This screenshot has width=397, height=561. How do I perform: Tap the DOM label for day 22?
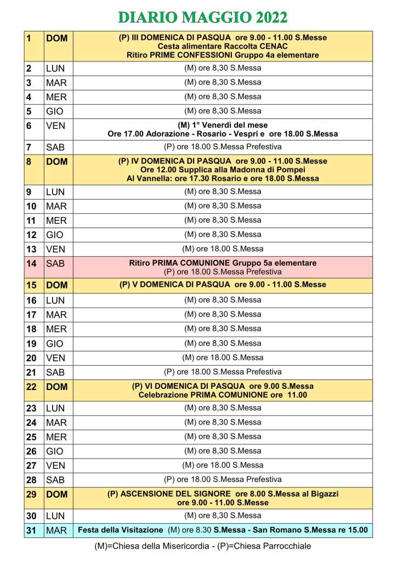56,387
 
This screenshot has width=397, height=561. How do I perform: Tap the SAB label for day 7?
55,148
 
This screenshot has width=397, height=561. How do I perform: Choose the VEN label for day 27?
55,466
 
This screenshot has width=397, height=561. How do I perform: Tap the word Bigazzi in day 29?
325,494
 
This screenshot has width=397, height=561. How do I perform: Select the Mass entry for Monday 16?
222,300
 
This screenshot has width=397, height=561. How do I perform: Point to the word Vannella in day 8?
155,178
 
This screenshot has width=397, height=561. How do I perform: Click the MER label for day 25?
56,437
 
